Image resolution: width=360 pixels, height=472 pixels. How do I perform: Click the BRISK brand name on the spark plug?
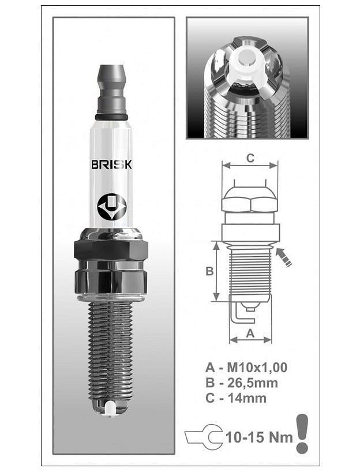tap(111, 164)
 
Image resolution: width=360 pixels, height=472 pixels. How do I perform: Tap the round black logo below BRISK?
tap(111, 207)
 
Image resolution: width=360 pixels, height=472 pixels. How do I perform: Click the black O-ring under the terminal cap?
tap(111, 117)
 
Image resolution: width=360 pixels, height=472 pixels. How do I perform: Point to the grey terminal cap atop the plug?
tap(111, 89)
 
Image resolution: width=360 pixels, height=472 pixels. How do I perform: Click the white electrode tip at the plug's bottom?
tap(111, 409)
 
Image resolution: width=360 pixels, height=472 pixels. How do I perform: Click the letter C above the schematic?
tap(250, 158)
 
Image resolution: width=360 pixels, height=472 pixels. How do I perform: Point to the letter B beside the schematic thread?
tap(209, 271)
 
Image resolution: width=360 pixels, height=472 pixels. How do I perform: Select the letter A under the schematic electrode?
tap(250, 334)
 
